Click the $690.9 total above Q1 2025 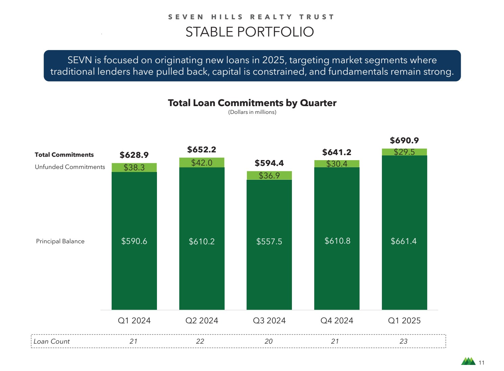point(404,140)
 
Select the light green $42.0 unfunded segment point(202,163)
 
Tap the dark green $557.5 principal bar point(269,244)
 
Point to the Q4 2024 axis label point(337,320)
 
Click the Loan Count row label point(51,341)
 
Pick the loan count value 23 point(404,341)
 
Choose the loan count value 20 point(269,341)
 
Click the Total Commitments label point(64,155)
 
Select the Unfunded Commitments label point(70,167)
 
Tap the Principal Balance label point(60,241)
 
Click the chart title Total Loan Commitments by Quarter point(252,103)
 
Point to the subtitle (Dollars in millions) point(252,112)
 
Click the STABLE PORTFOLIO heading point(250,32)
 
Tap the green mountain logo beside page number point(468,362)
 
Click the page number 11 point(482,363)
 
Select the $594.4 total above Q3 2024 point(269,163)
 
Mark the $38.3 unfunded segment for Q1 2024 point(134,168)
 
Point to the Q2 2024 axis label point(202,320)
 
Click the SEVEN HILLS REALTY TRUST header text point(251,17)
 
